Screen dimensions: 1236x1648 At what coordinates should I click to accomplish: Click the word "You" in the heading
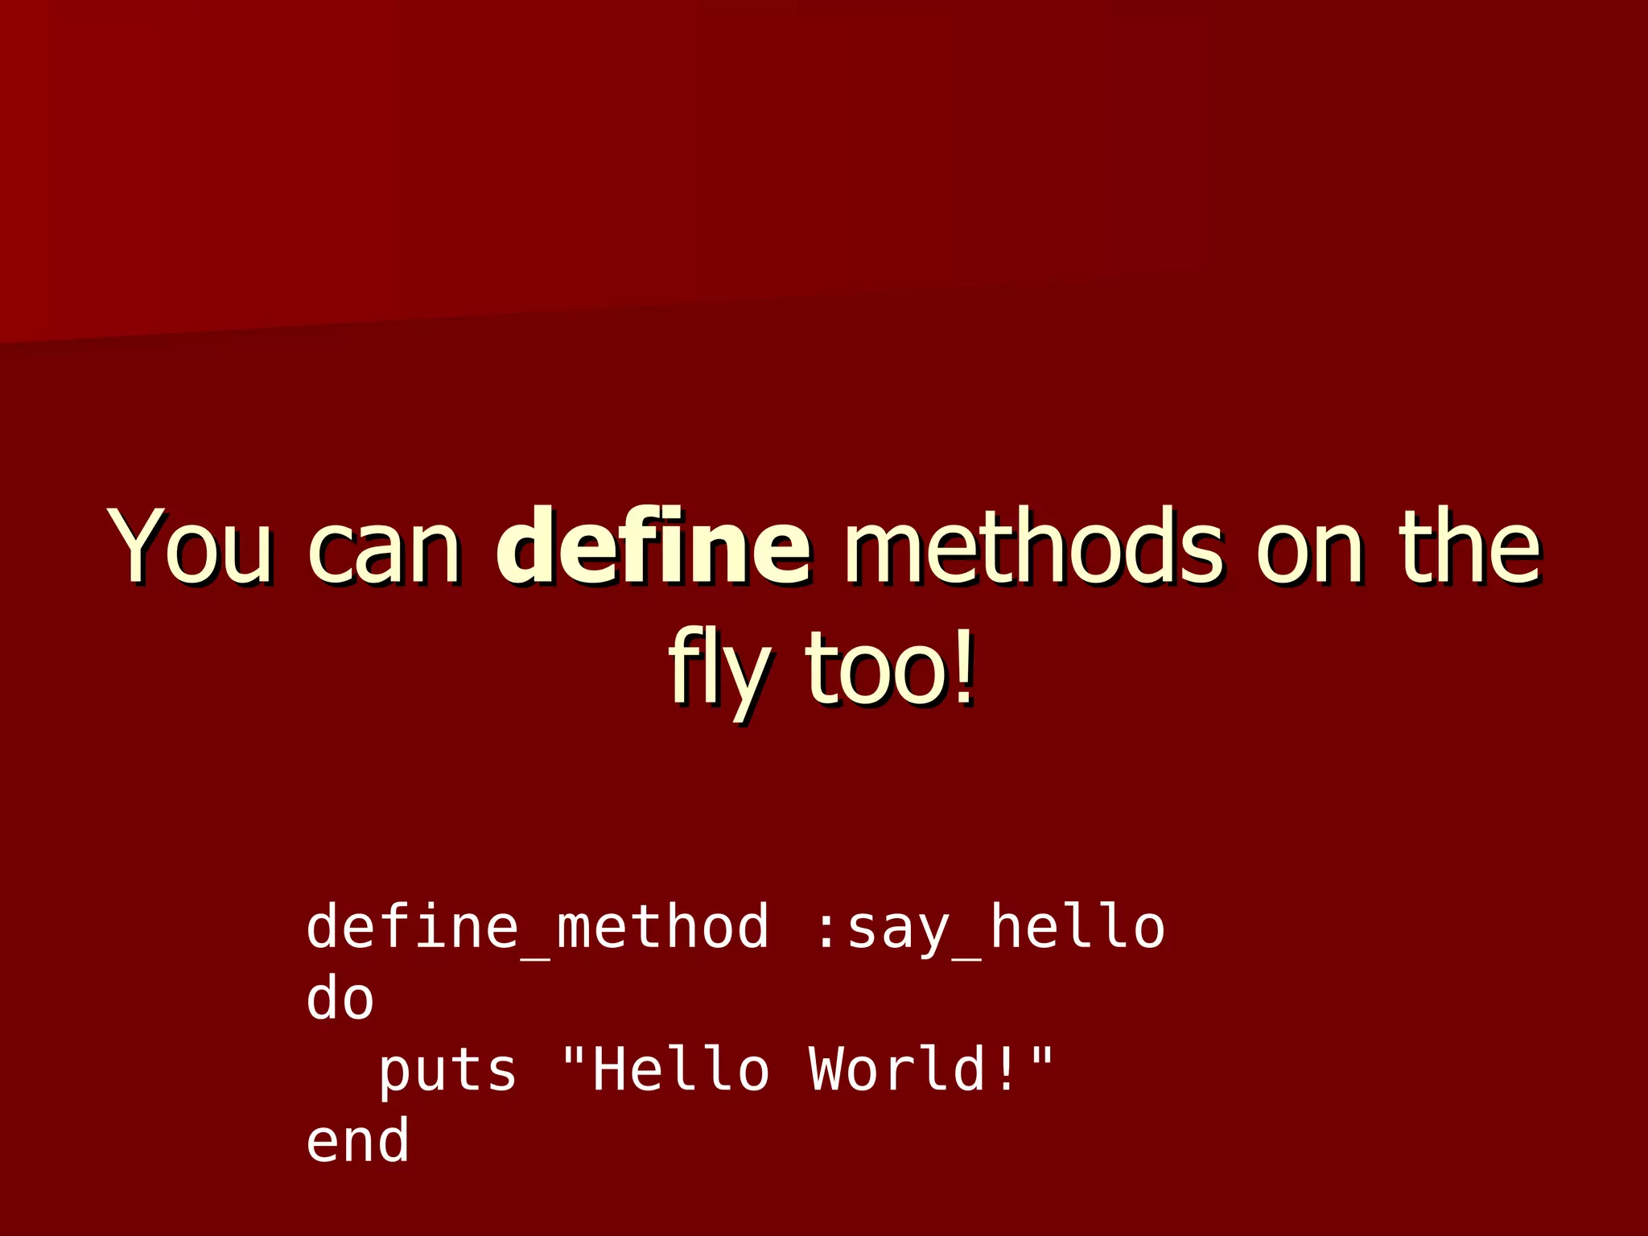191,546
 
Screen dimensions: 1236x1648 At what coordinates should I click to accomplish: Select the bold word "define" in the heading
652,546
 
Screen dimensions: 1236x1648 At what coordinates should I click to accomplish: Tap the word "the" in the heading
1469,546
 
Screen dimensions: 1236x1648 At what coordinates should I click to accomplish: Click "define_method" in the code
537,927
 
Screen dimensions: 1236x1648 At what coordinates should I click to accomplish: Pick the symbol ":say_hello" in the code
990,927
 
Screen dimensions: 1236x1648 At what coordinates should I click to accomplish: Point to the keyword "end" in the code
357,1141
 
